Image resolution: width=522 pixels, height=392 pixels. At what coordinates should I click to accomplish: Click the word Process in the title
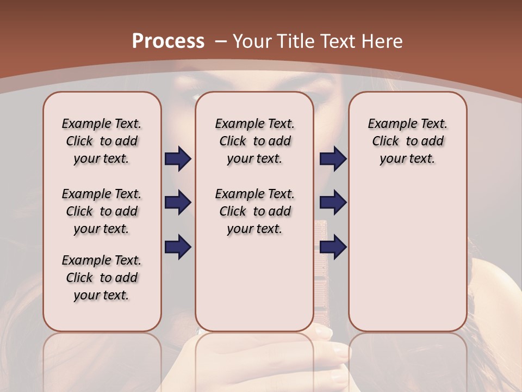point(168,41)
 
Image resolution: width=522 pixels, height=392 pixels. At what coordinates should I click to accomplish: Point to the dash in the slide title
point(220,42)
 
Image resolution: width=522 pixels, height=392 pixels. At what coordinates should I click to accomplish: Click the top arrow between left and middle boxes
point(178,159)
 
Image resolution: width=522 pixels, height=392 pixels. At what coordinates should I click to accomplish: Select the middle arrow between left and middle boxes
point(178,203)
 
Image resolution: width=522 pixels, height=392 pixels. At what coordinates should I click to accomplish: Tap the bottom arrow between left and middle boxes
point(178,247)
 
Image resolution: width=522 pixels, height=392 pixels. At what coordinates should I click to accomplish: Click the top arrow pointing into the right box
point(333,159)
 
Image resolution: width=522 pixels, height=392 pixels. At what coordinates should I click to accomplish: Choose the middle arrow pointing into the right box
point(333,203)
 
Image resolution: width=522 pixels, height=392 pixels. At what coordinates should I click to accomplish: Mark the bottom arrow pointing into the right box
point(333,247)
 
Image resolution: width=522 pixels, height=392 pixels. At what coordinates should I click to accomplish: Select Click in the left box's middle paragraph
point(79,211)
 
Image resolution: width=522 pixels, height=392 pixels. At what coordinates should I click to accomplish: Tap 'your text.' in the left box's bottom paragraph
point(101,295)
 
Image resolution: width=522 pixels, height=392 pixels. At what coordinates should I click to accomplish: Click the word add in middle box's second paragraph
point(279,211)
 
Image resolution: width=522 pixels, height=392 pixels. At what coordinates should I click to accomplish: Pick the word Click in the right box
point(386,141)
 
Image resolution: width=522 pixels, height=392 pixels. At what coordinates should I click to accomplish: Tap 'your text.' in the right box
point(407,158)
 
